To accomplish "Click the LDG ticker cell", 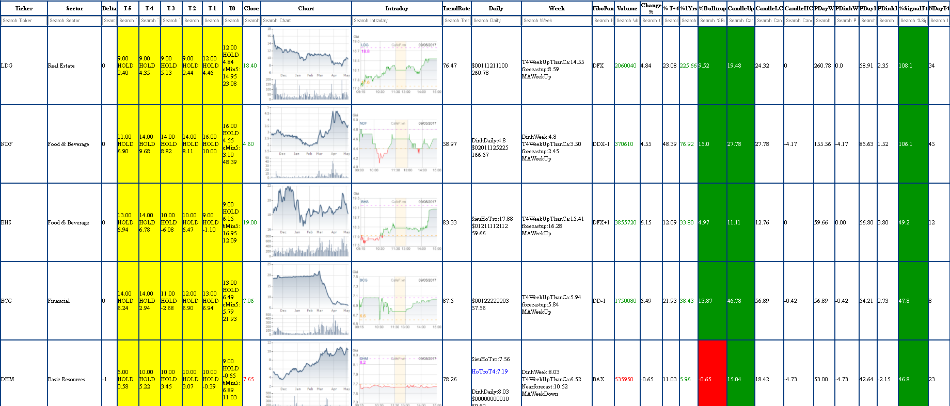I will point(7,66).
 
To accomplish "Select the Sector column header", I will point(74,8).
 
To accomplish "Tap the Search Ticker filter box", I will point(24,21).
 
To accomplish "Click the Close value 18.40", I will point(250,66).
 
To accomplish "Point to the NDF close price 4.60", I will point(248,144).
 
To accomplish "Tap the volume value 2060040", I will point(625,66).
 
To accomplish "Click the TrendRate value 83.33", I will point(450,222).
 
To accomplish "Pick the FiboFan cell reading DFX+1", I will point(601,222).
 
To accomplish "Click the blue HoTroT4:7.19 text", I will point(489,371).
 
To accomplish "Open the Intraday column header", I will point(397,8).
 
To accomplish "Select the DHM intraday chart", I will point(397,377).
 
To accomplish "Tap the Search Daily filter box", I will point(496,21).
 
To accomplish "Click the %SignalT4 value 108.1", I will point(906,66).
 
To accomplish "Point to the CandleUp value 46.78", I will point(734,301).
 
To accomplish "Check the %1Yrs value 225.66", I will point(688,66).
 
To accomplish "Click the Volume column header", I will point(627,8).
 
